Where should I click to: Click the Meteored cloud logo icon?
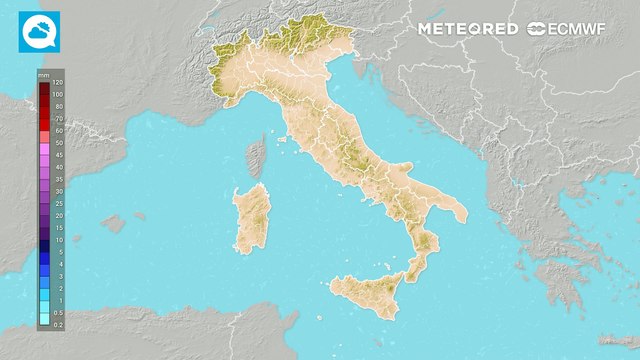tap(38, 32)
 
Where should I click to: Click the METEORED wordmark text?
tap(468, 29)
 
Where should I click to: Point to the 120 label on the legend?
tap(58, 82)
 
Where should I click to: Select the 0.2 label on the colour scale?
tap(58, 325)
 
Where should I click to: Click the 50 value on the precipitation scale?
tap(58, 143)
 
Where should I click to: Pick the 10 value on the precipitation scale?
tap(58, 240)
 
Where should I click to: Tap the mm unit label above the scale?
tap(44, 74)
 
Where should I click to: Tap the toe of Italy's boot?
tap(412, 272)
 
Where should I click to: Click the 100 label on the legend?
tap(58, 94)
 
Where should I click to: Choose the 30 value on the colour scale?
tap(58, 191)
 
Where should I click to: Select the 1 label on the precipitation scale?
tap(58, 300)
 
